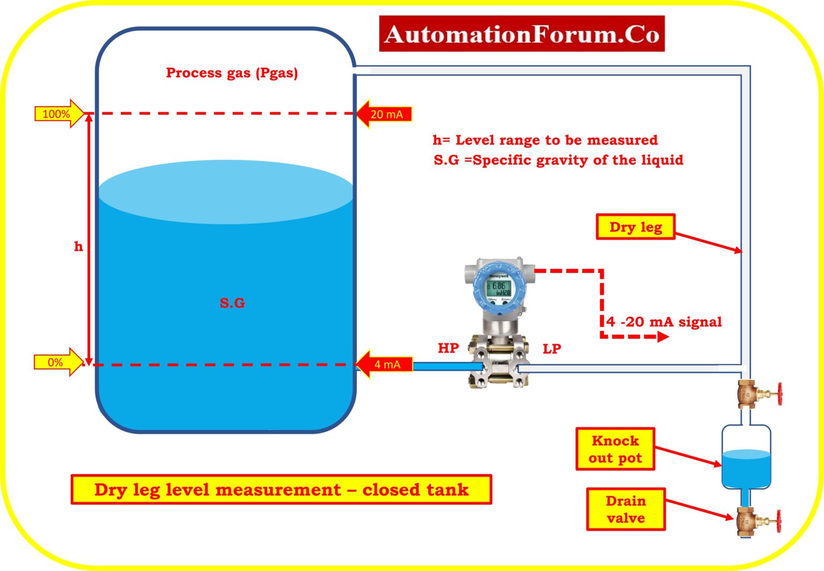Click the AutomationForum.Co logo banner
(x=521, y=34)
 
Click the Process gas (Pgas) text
(x=232, y=73)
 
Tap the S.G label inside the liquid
(x=232, y=303)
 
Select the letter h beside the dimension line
(x=78, y=247)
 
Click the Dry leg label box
(x=635, y=227)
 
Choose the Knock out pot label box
(x=615, y=449)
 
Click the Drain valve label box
(x=626, y=509)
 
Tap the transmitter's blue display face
(x=499, y=290)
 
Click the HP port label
(x=448, y=348)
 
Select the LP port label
(x=551, y=349)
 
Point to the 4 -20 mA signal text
(x=664, y=322)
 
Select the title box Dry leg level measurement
(x=281, y=490)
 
